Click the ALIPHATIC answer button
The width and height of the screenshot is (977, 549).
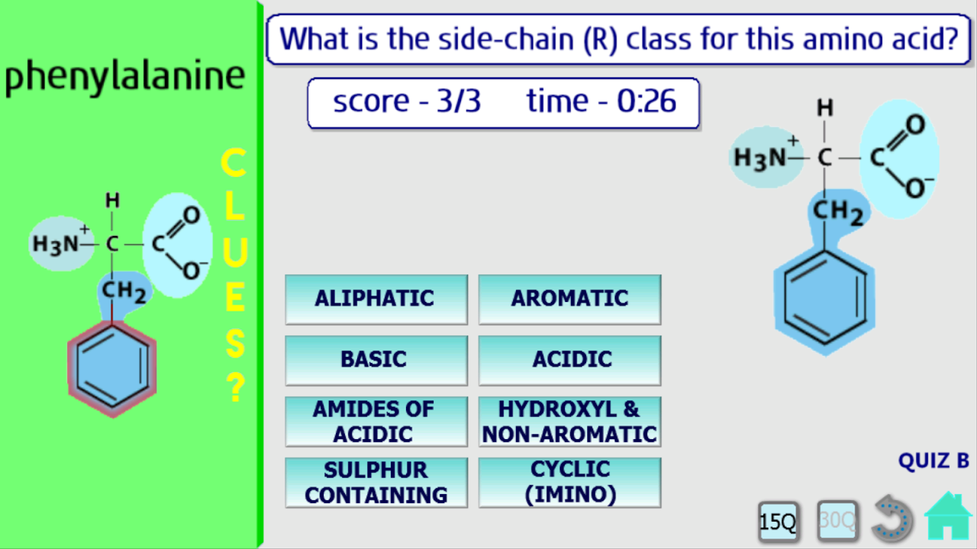[377, 299]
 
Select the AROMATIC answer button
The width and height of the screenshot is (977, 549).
[570, 299]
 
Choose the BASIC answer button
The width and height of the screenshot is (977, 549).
[377, 360]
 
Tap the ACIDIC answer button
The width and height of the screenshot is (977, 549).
[570, 360]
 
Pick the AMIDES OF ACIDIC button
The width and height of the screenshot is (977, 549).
[377, 421]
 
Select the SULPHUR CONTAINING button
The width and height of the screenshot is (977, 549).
[377, 482]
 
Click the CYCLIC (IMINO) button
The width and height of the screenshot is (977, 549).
[570, 482]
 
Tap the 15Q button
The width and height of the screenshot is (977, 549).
[778, 521]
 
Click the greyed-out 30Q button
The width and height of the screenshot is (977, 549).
[838, 520]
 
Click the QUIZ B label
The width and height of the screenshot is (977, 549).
[934, 461]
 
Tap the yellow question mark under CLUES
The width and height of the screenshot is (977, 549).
[236, 387]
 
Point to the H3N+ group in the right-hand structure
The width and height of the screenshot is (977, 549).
[767, 157]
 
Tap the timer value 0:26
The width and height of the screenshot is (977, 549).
[647, 102]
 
